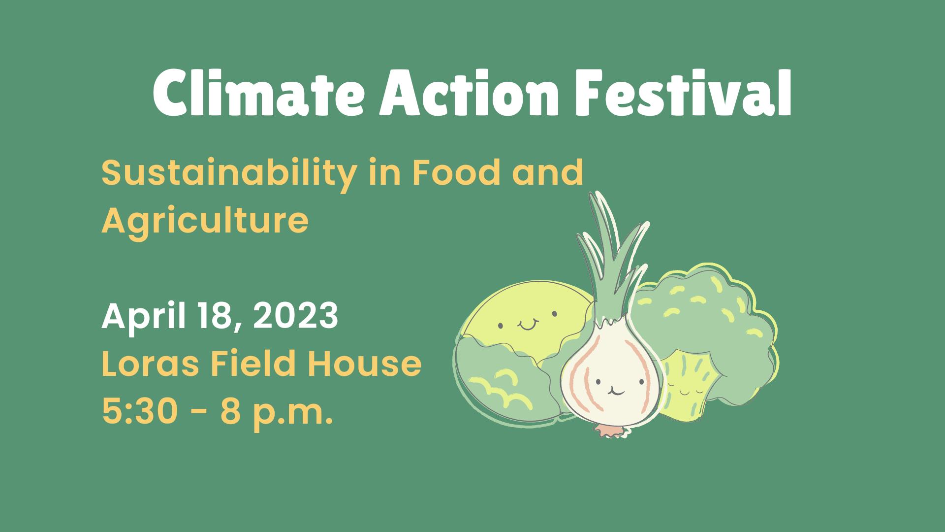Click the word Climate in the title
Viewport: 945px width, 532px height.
point(259,93)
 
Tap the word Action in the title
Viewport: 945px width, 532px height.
point(470,93)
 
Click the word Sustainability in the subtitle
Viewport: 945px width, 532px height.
point(229,174)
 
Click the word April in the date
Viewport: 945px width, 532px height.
point(144,317)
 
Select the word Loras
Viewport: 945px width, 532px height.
point(150,364)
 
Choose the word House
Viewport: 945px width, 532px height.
point(365,364)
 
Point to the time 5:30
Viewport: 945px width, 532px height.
point(140,411)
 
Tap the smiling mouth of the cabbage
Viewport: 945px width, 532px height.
point(528,325)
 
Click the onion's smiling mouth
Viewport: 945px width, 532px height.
point(616,391)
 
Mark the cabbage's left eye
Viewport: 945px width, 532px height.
point(501,326)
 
